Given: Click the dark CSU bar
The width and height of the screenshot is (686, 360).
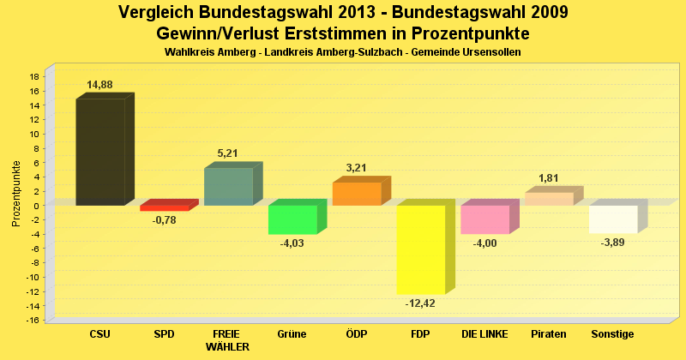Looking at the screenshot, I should tap(100, 152).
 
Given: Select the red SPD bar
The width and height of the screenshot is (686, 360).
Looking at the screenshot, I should tap(164, 207).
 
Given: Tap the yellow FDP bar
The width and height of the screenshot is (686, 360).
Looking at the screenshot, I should tap(420, 249).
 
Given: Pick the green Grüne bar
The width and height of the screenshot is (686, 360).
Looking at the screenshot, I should tap(292, 219).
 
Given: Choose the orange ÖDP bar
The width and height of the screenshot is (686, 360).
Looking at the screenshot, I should tap(356, 194).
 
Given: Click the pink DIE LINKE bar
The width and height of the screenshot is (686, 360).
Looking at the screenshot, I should tap(484, 219).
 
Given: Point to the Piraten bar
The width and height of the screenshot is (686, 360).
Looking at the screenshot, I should tap(549, 199).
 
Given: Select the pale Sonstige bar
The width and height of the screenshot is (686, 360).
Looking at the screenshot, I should tap(613, 219).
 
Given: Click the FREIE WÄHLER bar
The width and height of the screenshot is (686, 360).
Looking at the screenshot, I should tap(228, 186).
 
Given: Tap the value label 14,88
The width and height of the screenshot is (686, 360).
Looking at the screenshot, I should tap(99, 84).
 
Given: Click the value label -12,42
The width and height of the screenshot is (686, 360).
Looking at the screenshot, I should tap(421, 303).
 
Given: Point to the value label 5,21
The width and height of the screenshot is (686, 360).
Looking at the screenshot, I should tap(227, 153).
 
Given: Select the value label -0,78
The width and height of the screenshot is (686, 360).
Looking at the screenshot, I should tap(164, 220).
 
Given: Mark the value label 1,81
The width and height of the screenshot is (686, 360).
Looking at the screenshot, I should tap(549, 178).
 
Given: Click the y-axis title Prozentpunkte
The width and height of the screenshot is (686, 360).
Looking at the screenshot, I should tap(16, 195).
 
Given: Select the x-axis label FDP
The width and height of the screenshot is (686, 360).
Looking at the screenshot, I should tap(421, 333).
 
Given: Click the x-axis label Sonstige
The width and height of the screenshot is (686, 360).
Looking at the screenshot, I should tap(613, 333).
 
